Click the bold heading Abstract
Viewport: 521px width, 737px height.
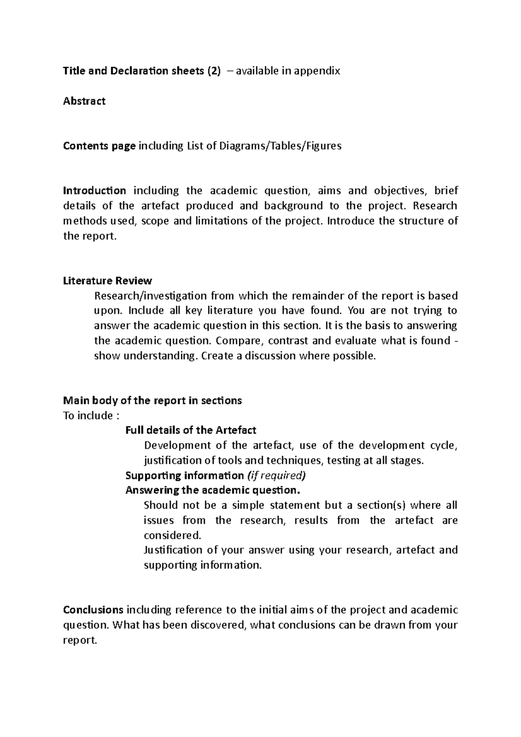(84, 101)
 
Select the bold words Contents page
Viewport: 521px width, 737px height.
(99, 146)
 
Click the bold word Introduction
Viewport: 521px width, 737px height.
(95, 191)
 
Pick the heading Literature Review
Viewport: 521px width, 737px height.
(107, 280)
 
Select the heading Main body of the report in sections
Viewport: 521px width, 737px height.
(152, 400)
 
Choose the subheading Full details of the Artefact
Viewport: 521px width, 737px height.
(191, 430)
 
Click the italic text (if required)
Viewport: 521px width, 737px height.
(276, 475)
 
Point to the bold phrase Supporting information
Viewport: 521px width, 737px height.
(185, 475)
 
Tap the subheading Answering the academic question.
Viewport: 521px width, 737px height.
(213, 490)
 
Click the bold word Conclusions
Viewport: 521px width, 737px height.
(93, 610)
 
